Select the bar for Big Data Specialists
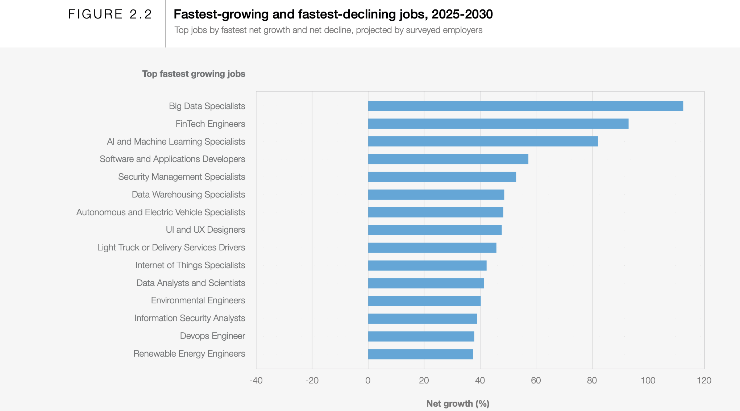525,106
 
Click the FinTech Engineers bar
498,124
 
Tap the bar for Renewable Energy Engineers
420,354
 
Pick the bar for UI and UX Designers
435,230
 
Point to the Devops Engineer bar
421,336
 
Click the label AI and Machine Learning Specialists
176,142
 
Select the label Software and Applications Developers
172,159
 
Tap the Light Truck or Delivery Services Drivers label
171,248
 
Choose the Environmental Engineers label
198,300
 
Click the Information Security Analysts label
190,318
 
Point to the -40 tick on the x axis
256,381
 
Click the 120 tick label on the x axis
704,381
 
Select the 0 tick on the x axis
368,381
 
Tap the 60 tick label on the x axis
536,381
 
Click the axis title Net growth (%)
458,404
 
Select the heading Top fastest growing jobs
194,74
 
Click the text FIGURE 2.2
110,14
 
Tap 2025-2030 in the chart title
462,14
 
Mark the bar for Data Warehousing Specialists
436,195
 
